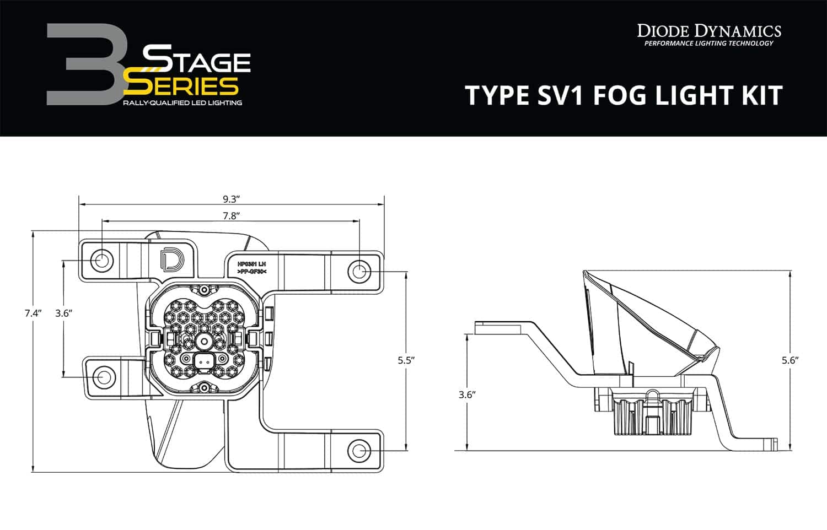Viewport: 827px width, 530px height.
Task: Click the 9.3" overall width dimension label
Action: (x=230, y=199)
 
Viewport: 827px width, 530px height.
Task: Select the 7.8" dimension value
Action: (x=230, y=216)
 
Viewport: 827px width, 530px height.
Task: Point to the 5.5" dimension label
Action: (x=406, y=360)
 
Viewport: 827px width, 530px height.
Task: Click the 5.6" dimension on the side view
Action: (x=790, y=360)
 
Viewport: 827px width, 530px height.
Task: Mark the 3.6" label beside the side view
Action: (x=467, y=394)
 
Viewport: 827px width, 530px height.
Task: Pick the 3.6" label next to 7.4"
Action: (x=64, y=313)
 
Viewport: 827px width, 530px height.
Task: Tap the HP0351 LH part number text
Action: (x=251, y=264)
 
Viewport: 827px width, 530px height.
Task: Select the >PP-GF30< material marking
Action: (x=251, y=272)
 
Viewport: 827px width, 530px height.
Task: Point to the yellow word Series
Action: (x=182, y=86)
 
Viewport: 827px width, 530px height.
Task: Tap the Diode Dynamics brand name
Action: (x=709, y=30)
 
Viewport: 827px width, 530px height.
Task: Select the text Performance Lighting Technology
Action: (x=709, y=44)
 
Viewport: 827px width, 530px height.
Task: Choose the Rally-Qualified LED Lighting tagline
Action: (x=182, y=103)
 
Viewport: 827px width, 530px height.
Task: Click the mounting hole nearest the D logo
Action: (x=102, y=260)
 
